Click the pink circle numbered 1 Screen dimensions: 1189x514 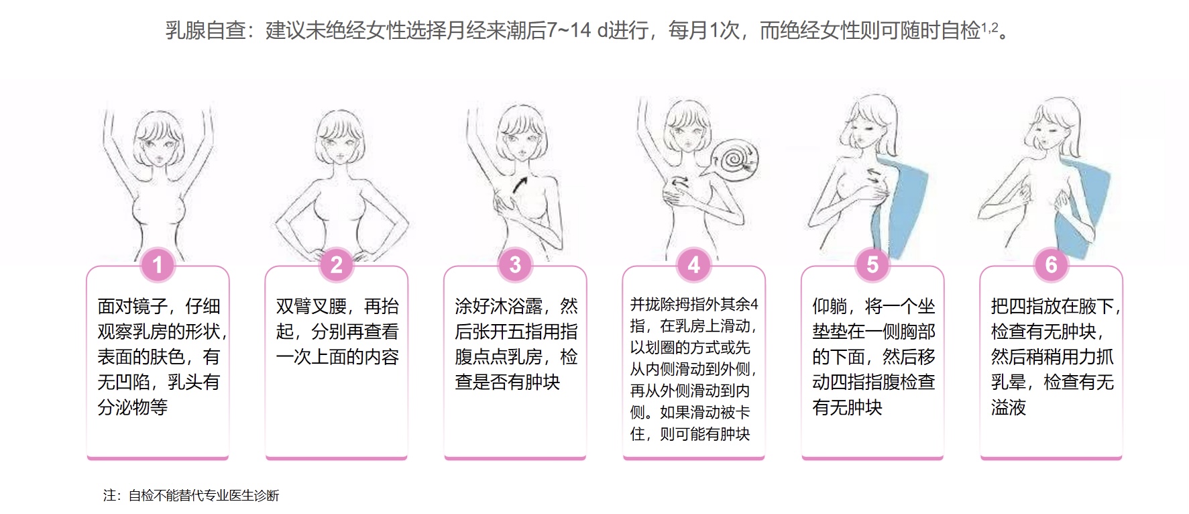[x=158, y=265]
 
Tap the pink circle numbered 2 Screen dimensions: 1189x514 [x=336, y=265]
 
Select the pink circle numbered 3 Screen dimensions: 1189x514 [x=515, y=265]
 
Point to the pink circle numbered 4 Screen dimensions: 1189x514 [x=693, y=265]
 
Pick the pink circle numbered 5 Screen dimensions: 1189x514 [x=872, y=265]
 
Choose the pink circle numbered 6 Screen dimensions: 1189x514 [x=1051, y=265]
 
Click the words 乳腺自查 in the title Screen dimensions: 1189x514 [x=205, y=30]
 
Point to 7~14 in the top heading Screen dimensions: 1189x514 [x=569, y=30]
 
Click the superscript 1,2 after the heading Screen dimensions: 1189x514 [x=990, y=27]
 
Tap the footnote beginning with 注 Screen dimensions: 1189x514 [x=191, y=496]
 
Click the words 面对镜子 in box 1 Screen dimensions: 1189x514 [x=133, y=307]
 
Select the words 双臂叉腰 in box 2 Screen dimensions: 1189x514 [x=311, y=307]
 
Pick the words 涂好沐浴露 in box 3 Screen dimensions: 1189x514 [x=498, y=307]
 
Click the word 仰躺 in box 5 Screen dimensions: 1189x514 [x=830, y=307]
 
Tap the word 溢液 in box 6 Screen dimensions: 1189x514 [x=1009, y=407]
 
